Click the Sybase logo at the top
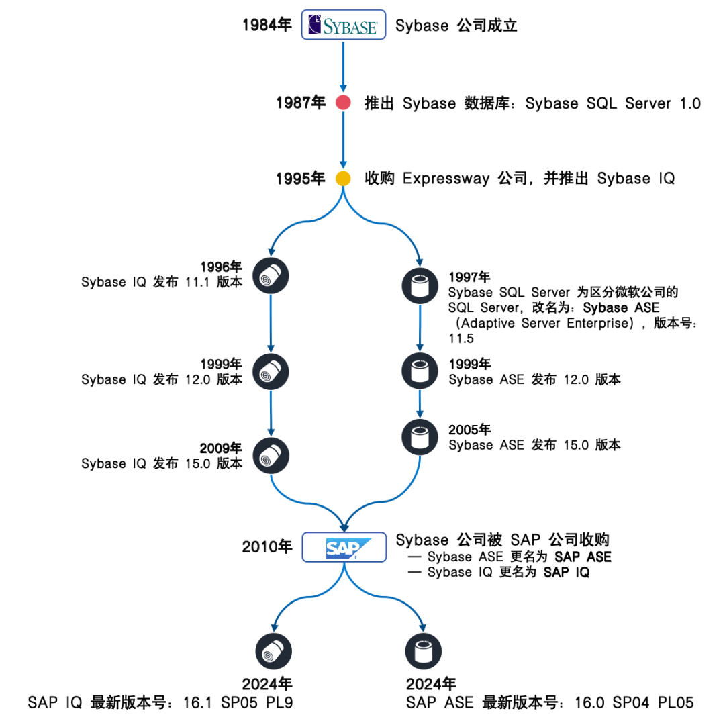343,26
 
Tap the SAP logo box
343,547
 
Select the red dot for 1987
343,103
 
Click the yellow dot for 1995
343,179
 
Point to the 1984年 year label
267,26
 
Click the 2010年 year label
267,547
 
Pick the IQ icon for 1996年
271,275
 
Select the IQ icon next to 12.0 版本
271,371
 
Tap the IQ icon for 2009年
271,456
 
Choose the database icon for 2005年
420,436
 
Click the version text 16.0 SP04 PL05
634,702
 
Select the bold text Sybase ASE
622,308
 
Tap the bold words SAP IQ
566,573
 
